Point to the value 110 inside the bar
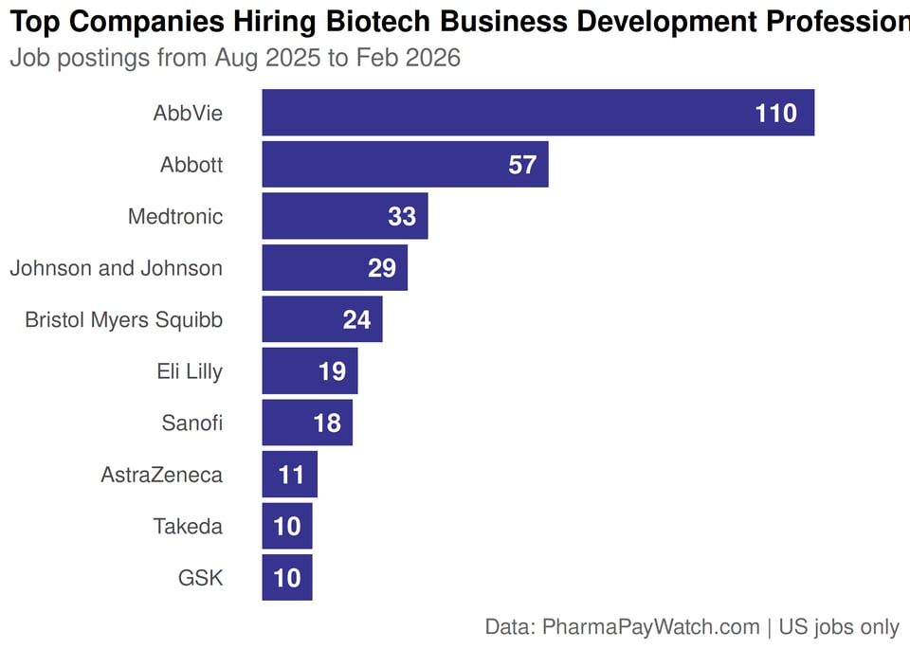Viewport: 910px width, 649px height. point(775,114)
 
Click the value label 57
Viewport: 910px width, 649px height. point(522,165)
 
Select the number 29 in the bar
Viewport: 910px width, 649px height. point(381,268)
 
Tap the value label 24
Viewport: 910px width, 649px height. point(356,320)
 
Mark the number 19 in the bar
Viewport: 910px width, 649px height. point(332,371)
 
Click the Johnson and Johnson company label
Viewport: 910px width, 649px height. point(117,268)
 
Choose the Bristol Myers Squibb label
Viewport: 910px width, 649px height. point(124,320)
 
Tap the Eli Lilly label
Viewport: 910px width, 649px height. point(190,371)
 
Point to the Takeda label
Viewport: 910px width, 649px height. point(188,526)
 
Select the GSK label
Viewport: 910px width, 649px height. point(200,577)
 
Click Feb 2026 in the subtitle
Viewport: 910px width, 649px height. point(408,59)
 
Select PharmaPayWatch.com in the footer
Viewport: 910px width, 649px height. point(651,627)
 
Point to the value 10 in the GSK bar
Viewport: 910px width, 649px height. point(286,578)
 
